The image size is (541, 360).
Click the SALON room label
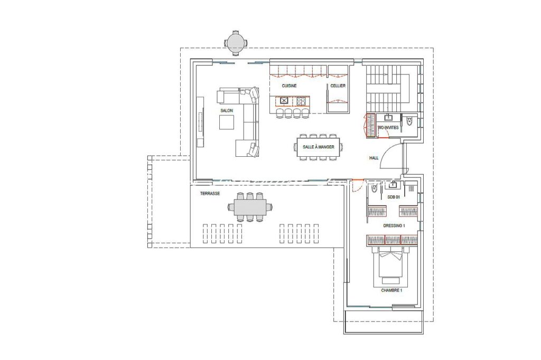[227, 111]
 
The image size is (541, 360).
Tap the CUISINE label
[289, 86]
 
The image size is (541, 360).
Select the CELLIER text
[338, 86]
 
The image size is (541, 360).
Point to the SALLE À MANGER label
[319, 148]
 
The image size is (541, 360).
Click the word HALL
[374, 158]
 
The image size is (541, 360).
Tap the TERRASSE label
[210, 194]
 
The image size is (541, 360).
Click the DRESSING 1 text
[394, 225]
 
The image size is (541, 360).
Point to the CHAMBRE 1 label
[391, 290]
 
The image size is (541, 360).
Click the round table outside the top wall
[235, 42]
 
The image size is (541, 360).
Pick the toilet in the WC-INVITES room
[410, 121]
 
